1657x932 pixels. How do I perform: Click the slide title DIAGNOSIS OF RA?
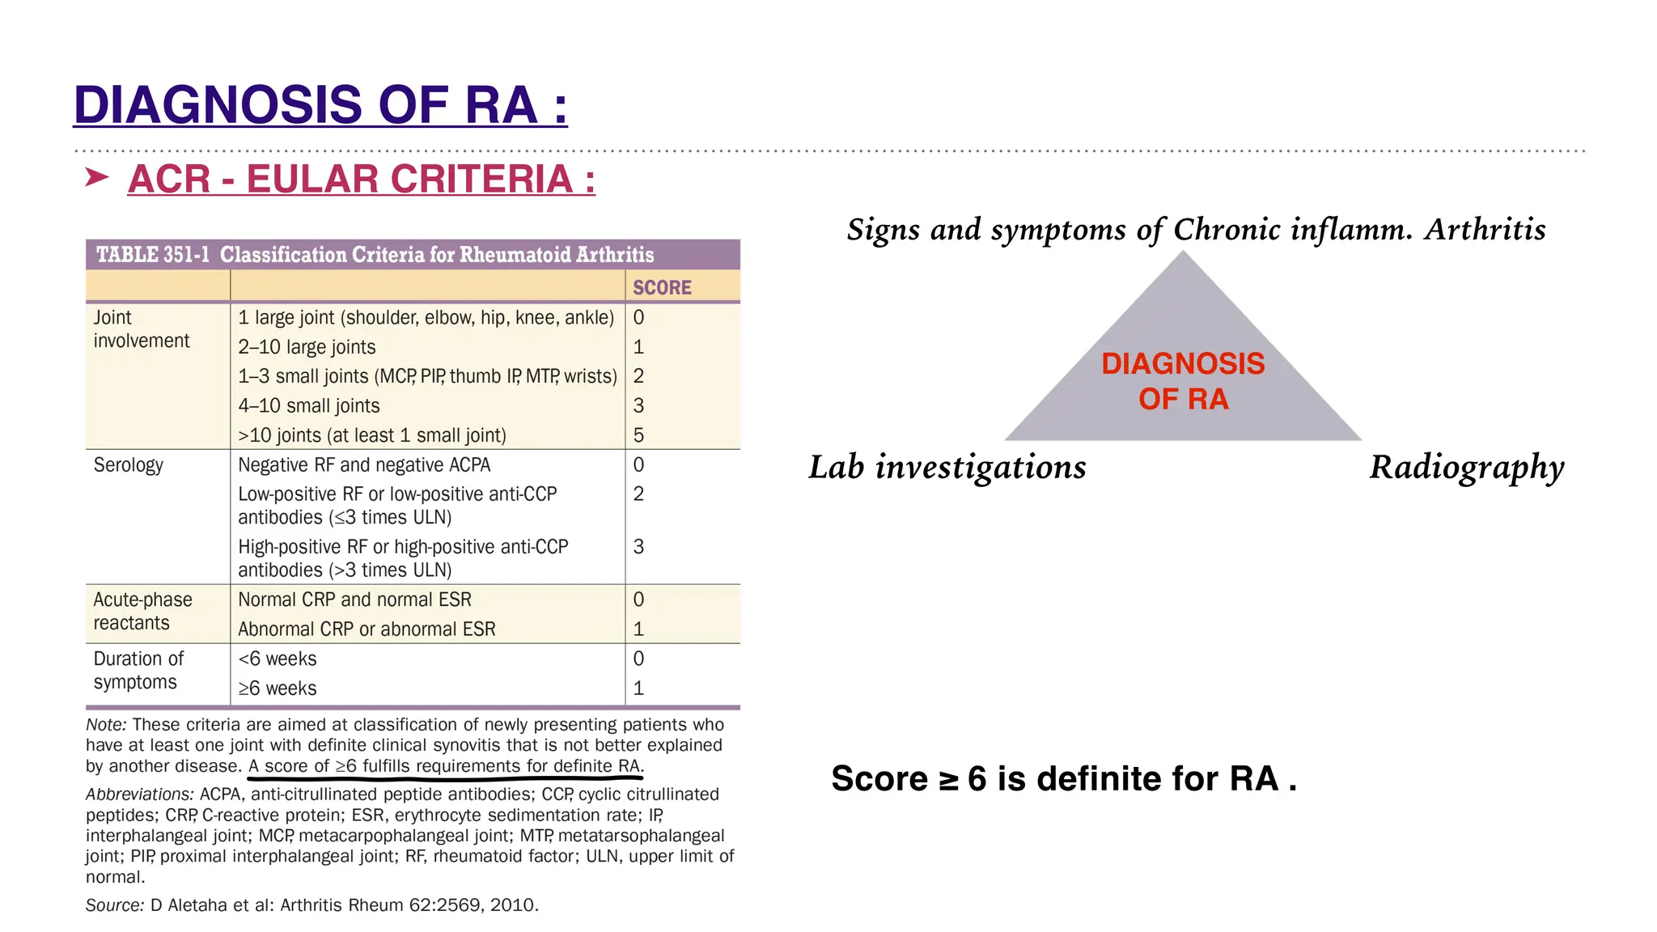pyautogui.click(x=320, y=105)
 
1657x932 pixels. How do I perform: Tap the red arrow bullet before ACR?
pyautogui.click(x=97, y=177)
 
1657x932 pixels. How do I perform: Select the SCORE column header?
pyautogui.click(x=662, y=288)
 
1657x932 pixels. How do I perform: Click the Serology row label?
pyautogui.click(x=129, y=465)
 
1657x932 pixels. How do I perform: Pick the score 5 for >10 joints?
pyautogui.click(x=638, y=435)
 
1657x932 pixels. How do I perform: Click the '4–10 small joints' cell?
pyautogui.click(x=308, y=406)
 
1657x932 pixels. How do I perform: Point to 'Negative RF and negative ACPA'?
pyautogui.click(x=364, y=465)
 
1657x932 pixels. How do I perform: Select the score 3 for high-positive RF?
pyautogui.click(x=638, y=547)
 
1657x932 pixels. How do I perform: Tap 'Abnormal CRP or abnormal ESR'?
pyautogui.click(x=367, y=629)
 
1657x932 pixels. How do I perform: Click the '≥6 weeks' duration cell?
pyautogui.click(x=278, y=688)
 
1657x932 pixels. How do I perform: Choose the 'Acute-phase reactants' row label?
pyautogui.click(x=142, y=611)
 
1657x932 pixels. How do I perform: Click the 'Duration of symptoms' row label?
pyautogui.click(x=138, y=670)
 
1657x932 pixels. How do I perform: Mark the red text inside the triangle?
pyautogui.click(x=1183, y=381)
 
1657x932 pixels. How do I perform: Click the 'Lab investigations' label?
pyautogui.click(x=947, y=468)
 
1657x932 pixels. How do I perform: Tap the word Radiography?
pyautogui.click(x=1466, y=468)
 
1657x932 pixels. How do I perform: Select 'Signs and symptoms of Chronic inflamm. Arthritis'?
pyautogui.click(x=1196, y=230)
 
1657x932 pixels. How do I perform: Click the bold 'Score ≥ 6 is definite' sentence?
pyautogui.click(x=1063, y=778)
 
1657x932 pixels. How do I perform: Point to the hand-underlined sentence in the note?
pyautogui.click(x=446, y=766)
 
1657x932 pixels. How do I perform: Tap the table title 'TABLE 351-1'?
pyautogui.click(x=153, y=255)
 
